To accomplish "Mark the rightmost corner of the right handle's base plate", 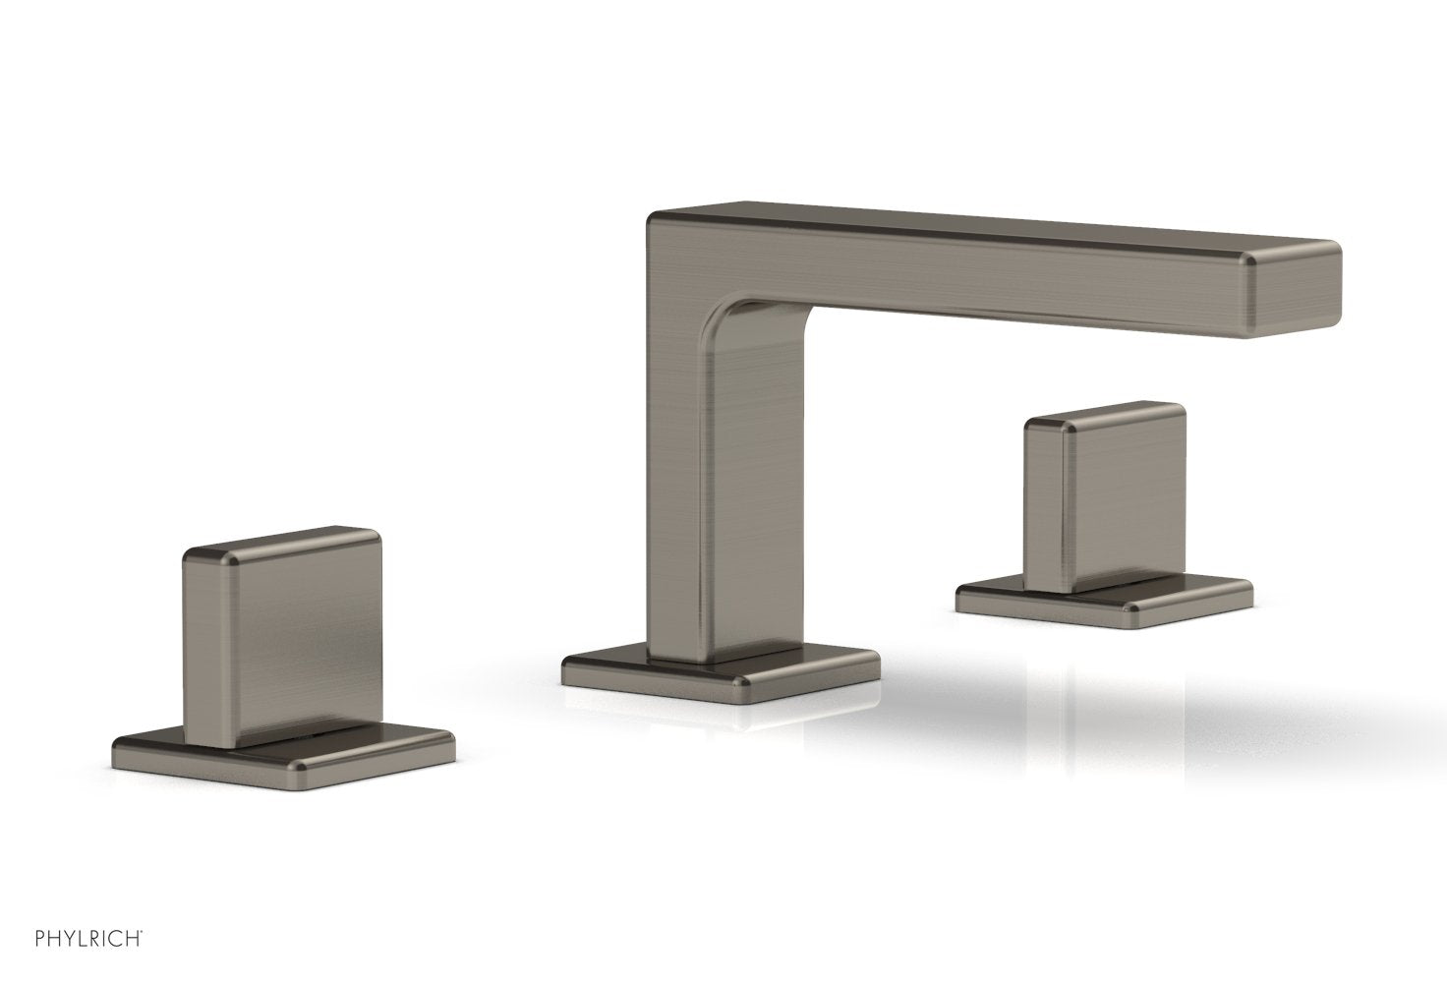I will [1251, 592].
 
